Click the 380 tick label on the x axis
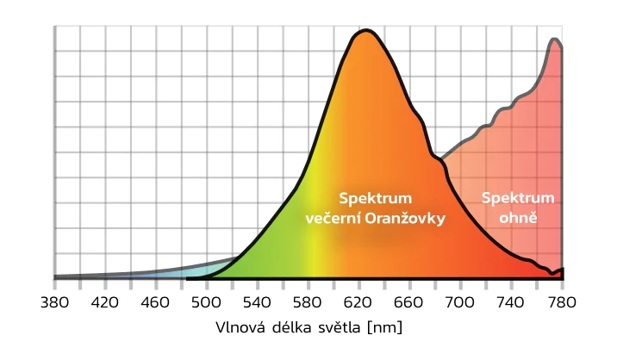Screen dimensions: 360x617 point(54,302)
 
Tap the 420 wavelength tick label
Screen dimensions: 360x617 point(105,302)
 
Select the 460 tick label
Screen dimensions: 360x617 point(156,302)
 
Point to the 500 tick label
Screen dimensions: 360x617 point(207,302)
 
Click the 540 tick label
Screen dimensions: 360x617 point(258,302)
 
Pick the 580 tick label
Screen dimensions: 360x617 point(308,302)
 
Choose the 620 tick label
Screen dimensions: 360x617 point(359,302)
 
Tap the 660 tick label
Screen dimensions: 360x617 point(410,302)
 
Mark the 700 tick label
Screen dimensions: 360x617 point(461,302)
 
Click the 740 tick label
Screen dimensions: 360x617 point(512,302)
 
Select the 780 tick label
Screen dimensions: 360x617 point(562,302)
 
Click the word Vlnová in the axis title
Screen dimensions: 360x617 point(241,328)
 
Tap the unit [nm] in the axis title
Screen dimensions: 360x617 point(383,328)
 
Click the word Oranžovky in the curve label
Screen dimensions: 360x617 point(406,219)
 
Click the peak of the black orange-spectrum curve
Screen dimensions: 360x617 point(365,31)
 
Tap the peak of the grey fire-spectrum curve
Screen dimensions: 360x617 point(555,39)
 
